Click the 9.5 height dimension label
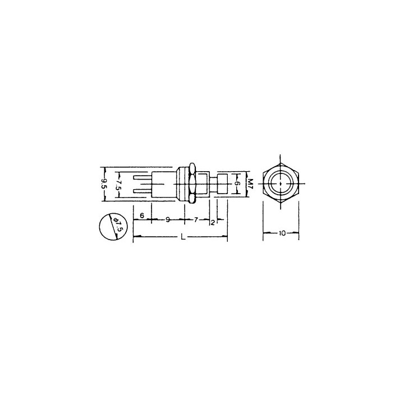[x=104, y=184]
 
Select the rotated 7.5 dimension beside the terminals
[x=118, y=185]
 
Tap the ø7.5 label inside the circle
[x=117, y=224]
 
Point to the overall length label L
[x=183, y=237]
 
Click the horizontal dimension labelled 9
[x=168, y=220]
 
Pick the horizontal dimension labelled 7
[x=196, y=220]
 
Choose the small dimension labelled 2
[x=213, y=223]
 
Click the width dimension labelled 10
[x=282, y=233]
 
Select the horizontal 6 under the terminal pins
[x=142, y=215]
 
